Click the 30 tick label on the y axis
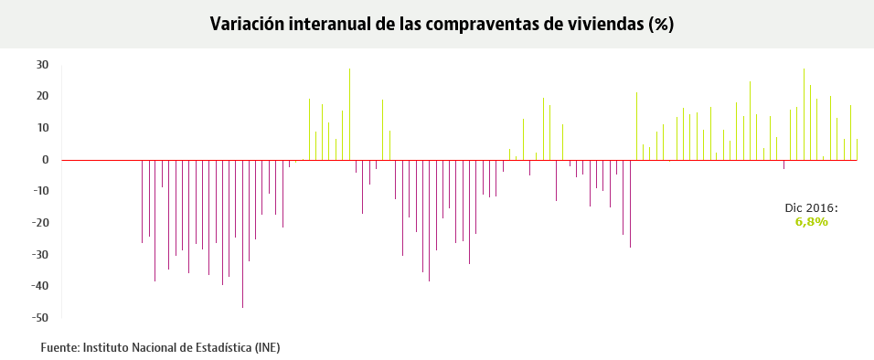coord(42,65)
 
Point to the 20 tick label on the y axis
coord(42,96)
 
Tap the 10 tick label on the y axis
coord(42,128)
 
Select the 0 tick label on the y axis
coord(45,160)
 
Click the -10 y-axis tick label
coord(40,191)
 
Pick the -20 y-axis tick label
coord(40,223)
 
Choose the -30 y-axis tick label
coord(40,255)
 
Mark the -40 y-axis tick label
coord(40,286)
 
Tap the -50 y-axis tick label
coord(40,318)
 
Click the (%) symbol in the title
coord(661,25)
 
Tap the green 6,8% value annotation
coord(811,222)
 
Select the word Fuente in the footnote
coord(60,347)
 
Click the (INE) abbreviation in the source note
coord(267,347)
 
